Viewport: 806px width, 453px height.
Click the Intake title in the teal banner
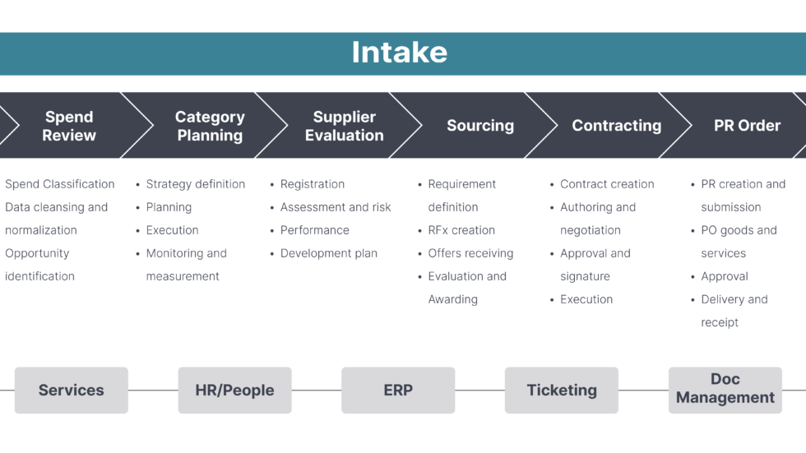point(400,53)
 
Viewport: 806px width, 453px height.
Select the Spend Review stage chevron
point(69,126)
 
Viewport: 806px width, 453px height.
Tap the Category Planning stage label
point(210,126)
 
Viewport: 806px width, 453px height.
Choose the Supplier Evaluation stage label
point(344,126)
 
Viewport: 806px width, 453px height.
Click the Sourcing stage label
point(480,126)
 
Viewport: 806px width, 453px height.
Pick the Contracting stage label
point(616,126)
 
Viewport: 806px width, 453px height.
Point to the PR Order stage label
point(747,126)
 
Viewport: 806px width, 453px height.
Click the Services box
point(72,391)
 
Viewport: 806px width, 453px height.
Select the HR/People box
point(234,391)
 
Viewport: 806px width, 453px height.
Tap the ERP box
point(398,391)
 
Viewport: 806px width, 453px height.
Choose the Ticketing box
point(562,391)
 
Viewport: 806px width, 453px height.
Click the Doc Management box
point(725,389)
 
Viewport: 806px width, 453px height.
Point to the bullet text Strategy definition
point(196,184)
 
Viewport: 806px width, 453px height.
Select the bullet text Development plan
point(328,253)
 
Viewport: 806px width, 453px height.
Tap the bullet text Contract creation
point(607,184)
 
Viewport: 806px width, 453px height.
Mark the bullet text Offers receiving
point(470,253)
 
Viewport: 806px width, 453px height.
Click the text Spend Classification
point(60,184)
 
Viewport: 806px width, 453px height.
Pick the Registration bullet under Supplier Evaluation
point(313,184)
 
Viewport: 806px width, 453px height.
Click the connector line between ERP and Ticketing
point(479,391)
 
